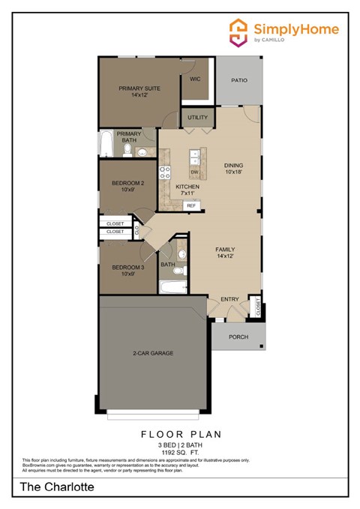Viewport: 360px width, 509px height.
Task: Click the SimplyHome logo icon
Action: pyautogui.click(x=239, y=33)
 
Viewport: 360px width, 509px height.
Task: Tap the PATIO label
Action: pyautogui.click(x=239, y=80)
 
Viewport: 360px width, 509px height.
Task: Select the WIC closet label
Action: pyautogui.click(x=195, y=79)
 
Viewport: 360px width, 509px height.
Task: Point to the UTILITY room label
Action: pyautogui.click(x=198, y=118)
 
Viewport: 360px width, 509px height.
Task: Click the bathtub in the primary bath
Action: pyautogui.click(x=106, y=144)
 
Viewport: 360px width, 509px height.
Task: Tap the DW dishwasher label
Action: pyautogui.click(x=193, y=172)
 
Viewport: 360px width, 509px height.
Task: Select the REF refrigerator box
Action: pyautogui.click(x=191, y=205)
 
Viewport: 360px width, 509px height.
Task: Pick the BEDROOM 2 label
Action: pyautogui.click(x=127, y=187)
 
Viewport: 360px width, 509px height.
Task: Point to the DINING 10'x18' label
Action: pyautogui.click(x=235, y=169)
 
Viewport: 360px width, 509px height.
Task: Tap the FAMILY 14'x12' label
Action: pyautogui.click(x=225, y=253)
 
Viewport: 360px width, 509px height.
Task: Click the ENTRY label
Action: pyautogui.click(x=229, y=300)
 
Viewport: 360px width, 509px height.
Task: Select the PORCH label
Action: pyautogui.click(x=238, y=337)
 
